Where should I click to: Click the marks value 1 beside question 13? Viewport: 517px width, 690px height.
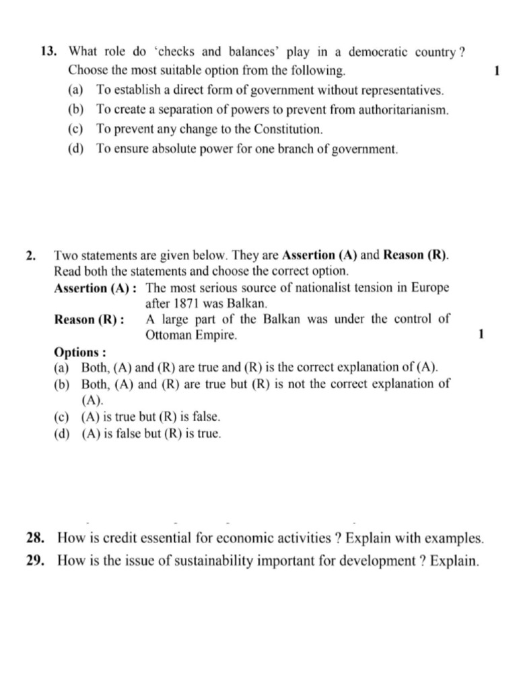point(495,71)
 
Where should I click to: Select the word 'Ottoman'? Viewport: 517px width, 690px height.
point(168,335)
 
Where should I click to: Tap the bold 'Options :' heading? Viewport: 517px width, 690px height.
point(79,352)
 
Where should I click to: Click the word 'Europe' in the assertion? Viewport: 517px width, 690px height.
point(432,288)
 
